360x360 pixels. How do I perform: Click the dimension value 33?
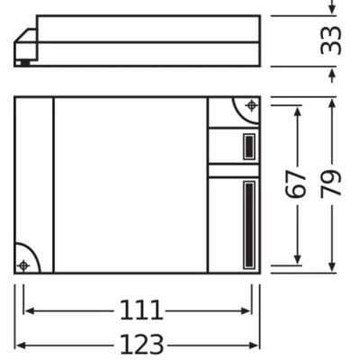[332, 40]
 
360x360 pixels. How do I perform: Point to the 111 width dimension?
[140, 311]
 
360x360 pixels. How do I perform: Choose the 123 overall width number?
[140, 344]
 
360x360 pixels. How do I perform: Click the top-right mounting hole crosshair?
[250, 106]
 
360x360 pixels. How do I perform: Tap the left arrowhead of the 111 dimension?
[27, 311]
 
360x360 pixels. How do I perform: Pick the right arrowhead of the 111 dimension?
[248, 311]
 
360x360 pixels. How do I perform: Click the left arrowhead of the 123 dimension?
[19, 344]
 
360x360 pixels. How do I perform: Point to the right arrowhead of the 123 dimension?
[256, 344]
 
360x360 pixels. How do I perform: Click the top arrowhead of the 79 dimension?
[332, 102]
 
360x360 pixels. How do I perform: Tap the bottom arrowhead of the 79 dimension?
[332, 267]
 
